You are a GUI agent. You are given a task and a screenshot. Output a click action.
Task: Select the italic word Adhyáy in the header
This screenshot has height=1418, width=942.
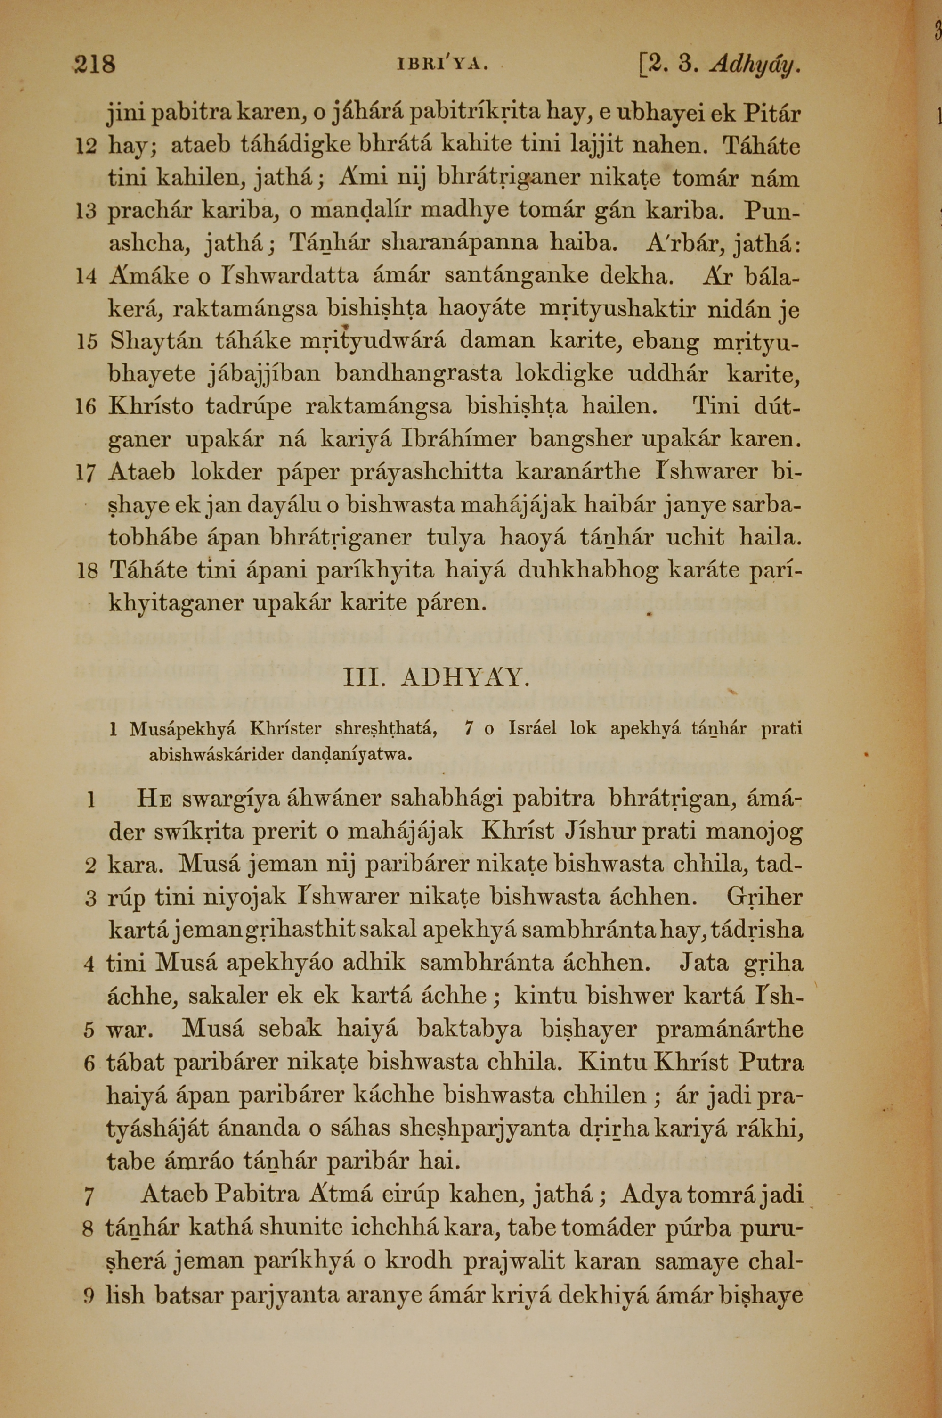tap(755, 63)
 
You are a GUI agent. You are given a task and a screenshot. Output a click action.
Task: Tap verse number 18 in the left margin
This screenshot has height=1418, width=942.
tap(87, 570)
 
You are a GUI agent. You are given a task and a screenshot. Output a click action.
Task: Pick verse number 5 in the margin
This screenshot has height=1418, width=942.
tap(89, 1031)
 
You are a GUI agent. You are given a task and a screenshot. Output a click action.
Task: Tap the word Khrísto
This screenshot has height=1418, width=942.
tap(151, 407)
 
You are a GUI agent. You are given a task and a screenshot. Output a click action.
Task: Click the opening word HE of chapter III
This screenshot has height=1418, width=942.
tap(155, 800)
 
